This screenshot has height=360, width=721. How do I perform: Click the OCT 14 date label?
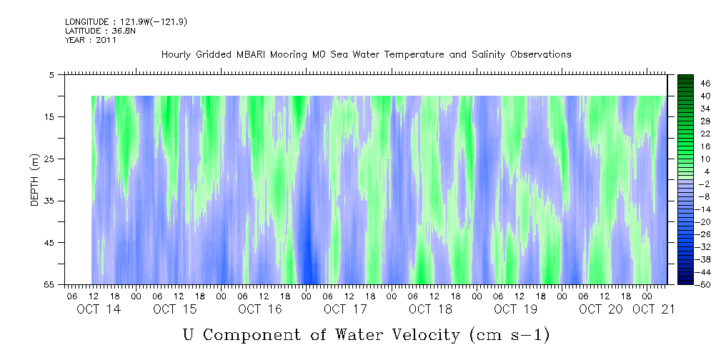pos(99,309)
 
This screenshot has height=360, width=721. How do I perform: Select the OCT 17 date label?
pos(345,309)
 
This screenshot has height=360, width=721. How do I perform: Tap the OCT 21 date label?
pos(653,309)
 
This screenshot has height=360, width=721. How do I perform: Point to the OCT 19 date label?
pos(515,309)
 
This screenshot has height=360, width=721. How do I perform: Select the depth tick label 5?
pos(50,75)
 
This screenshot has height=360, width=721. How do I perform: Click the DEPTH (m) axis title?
pos(35,180)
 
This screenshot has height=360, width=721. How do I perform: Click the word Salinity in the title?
pos(488,55)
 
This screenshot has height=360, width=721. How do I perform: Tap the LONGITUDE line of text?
pos(126,21)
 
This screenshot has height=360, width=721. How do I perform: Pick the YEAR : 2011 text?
pos(91,40)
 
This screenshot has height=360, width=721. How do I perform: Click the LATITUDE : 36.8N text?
pos(100,31)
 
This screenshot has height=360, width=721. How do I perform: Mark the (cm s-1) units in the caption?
pos(509,335)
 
